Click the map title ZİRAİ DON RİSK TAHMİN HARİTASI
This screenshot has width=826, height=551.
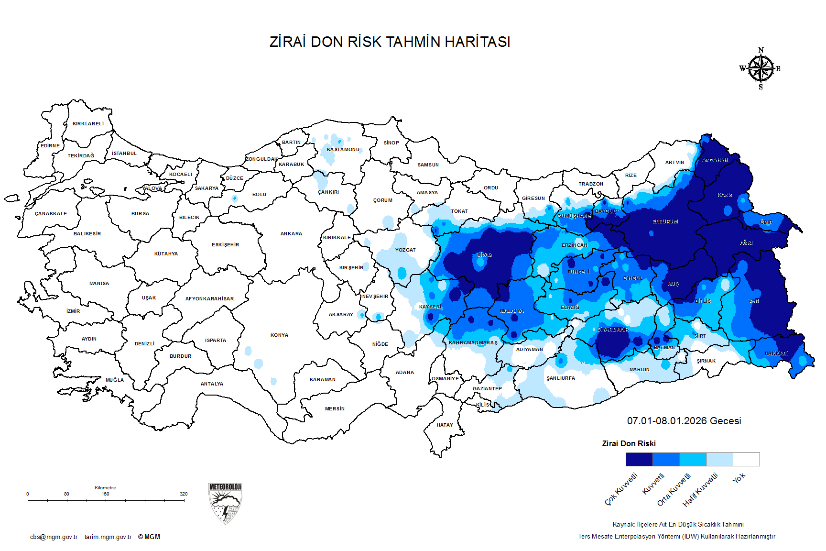pyautogui.click(x=390, y=42)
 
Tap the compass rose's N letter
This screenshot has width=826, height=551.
pyautogui.click(x=761, y=50)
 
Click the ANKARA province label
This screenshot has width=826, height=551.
pyautogui.click(x=291, y=234)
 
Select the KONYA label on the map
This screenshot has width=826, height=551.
pyautogui.click(x=279, y=335)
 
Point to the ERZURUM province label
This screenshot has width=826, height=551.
pyautogui.click(x=665, y=222)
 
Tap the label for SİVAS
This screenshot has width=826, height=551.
pyautogui.click(x=484, y=255)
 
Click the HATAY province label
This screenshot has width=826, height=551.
pyautogui.click(x=445, y=425)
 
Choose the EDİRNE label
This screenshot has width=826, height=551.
pyautogui.click(x=50, y=146)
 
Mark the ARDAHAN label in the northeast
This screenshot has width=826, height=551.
pyautogui.click(x=715, y=161)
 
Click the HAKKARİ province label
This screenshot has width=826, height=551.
pyautogui.click(x=776, y=353)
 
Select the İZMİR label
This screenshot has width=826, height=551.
pyautogui.click(x=73, y=311)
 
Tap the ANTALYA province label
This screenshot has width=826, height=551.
pyautogui.click(x=212, y=384)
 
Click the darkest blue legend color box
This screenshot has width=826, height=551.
pyautogui.click(x=639, y=460)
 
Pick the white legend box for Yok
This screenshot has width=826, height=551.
pyautogui.click(x=746, y=460)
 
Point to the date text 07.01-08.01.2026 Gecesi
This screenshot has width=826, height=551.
pyautogui.click(x=684, y=421)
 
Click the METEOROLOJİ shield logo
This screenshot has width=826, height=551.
pyautogui.click(x=225, y=504)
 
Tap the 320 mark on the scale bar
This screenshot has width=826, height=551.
pyautogui.click(x=184, y=494)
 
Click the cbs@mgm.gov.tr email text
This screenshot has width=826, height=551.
pyautogui.click(x=54, y=537)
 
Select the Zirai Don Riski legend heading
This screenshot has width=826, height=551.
pyautogui.click(x=629, y=444)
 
